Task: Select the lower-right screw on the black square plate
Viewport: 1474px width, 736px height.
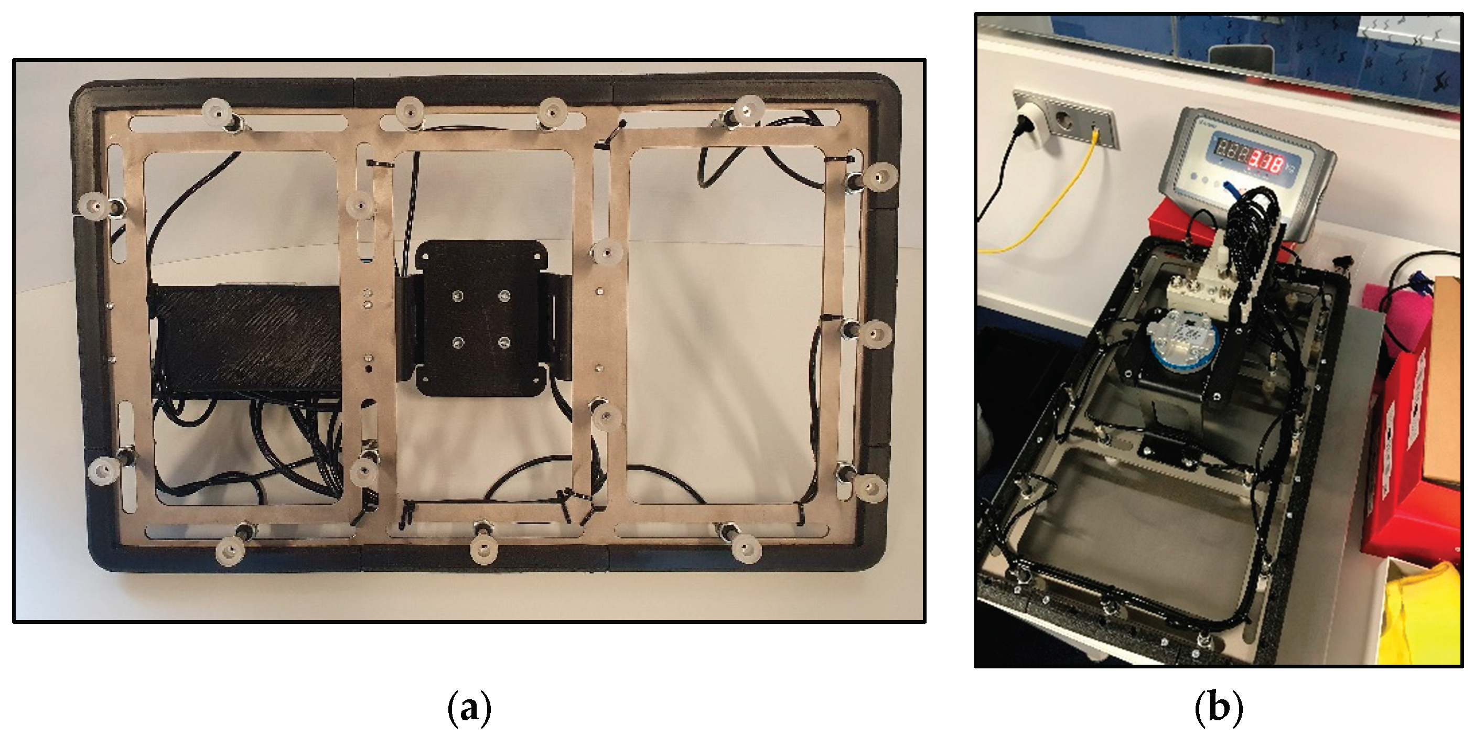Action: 503,342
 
